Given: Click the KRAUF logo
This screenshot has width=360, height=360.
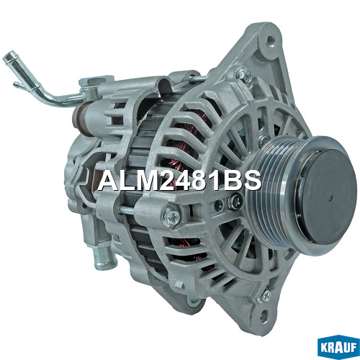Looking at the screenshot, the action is point(338,346).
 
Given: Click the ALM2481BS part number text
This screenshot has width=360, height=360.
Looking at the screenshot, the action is point(179,181).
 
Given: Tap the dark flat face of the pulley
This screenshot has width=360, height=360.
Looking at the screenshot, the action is point(328,196).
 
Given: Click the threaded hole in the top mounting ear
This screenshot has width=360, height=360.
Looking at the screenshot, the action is point(270,38).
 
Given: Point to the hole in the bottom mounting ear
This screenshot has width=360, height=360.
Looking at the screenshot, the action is point(264,317).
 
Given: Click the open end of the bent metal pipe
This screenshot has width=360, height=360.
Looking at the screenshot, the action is point(7,57).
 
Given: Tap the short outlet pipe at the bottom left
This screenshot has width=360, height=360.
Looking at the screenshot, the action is point(104,258).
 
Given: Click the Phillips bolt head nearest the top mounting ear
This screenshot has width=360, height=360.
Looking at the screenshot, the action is point(244,73).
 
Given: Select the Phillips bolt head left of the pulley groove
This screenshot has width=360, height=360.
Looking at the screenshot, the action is point(171,216).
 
